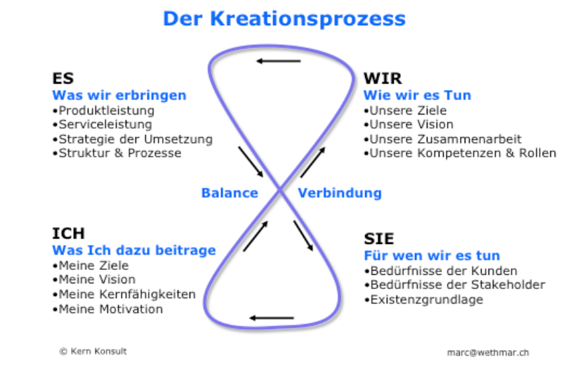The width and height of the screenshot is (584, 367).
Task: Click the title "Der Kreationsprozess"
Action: (284, 19)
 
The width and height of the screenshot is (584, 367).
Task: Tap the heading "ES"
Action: (63, 78)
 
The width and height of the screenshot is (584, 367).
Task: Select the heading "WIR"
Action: (383, 78)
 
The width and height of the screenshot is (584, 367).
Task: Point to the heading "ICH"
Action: (69, 233)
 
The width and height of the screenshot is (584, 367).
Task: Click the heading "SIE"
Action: (379, 239)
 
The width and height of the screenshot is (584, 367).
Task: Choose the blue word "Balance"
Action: (230, 193)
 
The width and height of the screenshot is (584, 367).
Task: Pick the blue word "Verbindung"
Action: (340, 193)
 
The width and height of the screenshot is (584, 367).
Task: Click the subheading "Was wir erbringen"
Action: (119, 95)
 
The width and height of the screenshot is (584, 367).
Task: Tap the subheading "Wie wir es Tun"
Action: (417, 95)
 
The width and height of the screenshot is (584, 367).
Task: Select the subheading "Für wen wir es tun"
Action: (432, 255)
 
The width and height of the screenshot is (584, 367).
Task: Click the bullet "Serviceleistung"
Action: (102, 124)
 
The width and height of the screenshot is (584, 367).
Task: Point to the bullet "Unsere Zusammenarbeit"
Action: (442, 139)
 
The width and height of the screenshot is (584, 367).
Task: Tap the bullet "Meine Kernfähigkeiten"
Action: (124, 295)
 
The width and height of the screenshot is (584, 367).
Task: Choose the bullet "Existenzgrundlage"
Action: (423, 300)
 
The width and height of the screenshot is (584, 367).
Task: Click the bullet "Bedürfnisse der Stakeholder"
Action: (454, 285)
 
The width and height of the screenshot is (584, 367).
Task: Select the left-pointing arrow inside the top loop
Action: (278, 60)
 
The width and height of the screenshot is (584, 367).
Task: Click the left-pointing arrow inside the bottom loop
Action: (272, 318)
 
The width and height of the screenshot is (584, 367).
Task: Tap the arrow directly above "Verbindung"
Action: (313, 162)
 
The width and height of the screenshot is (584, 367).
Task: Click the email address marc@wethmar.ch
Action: (488, 352)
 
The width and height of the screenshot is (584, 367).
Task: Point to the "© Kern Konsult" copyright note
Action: (93, 352)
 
